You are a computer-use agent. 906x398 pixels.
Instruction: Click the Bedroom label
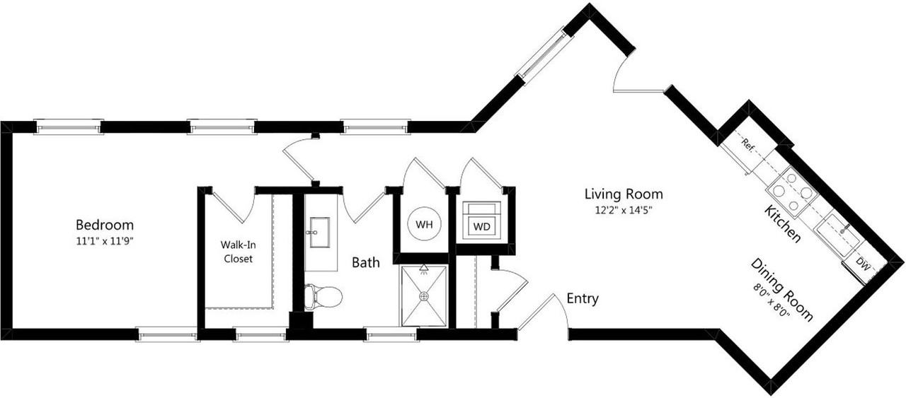(x=104, y=225)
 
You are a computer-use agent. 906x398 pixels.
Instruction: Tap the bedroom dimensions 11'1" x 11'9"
(x=105, y=240)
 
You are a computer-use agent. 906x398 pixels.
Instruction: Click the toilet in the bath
(x=323, y=296)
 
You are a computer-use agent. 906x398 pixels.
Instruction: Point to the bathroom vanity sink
(x=316, y=232)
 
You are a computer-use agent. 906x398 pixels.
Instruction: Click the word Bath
(x=366, y=262)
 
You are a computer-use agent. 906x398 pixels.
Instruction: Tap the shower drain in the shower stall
(x=423, y=296)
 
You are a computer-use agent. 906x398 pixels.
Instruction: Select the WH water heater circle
(x=424, y=225)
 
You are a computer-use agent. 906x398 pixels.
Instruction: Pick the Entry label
(x=583, y=298)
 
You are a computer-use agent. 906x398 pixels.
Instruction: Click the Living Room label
(x=623, y=193)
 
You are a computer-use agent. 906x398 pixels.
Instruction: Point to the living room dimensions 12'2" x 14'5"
(x=623, y=209)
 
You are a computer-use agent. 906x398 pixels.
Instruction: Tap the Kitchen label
(x=783, y=223)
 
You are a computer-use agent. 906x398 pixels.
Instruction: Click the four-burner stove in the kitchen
(x=790, y=190)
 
